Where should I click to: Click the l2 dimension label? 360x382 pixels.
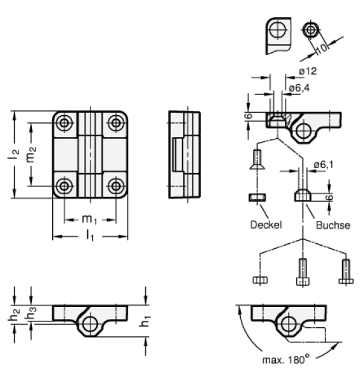13,155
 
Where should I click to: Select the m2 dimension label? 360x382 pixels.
31,154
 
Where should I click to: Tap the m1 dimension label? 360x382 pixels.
89,220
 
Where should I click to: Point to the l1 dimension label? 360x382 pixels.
90,236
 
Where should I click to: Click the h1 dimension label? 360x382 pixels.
145,321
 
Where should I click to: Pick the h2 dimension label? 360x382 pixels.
14,315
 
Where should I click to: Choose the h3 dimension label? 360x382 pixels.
31,313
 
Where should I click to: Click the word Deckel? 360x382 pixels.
266,225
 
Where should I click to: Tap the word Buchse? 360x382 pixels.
333,225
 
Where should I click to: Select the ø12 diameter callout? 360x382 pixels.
308,71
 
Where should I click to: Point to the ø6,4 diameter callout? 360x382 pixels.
299,88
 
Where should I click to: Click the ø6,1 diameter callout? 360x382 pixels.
324,165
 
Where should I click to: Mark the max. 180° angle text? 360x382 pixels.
285,359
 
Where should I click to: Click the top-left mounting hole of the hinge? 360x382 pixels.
64,123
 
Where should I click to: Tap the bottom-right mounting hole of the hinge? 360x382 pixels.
116,187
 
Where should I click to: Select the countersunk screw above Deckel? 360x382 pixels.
257,159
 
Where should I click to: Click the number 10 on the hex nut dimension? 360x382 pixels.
322,48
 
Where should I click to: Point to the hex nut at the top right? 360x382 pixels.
310,30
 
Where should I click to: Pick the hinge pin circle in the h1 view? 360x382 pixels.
90,324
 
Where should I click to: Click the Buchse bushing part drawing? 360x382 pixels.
303,196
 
